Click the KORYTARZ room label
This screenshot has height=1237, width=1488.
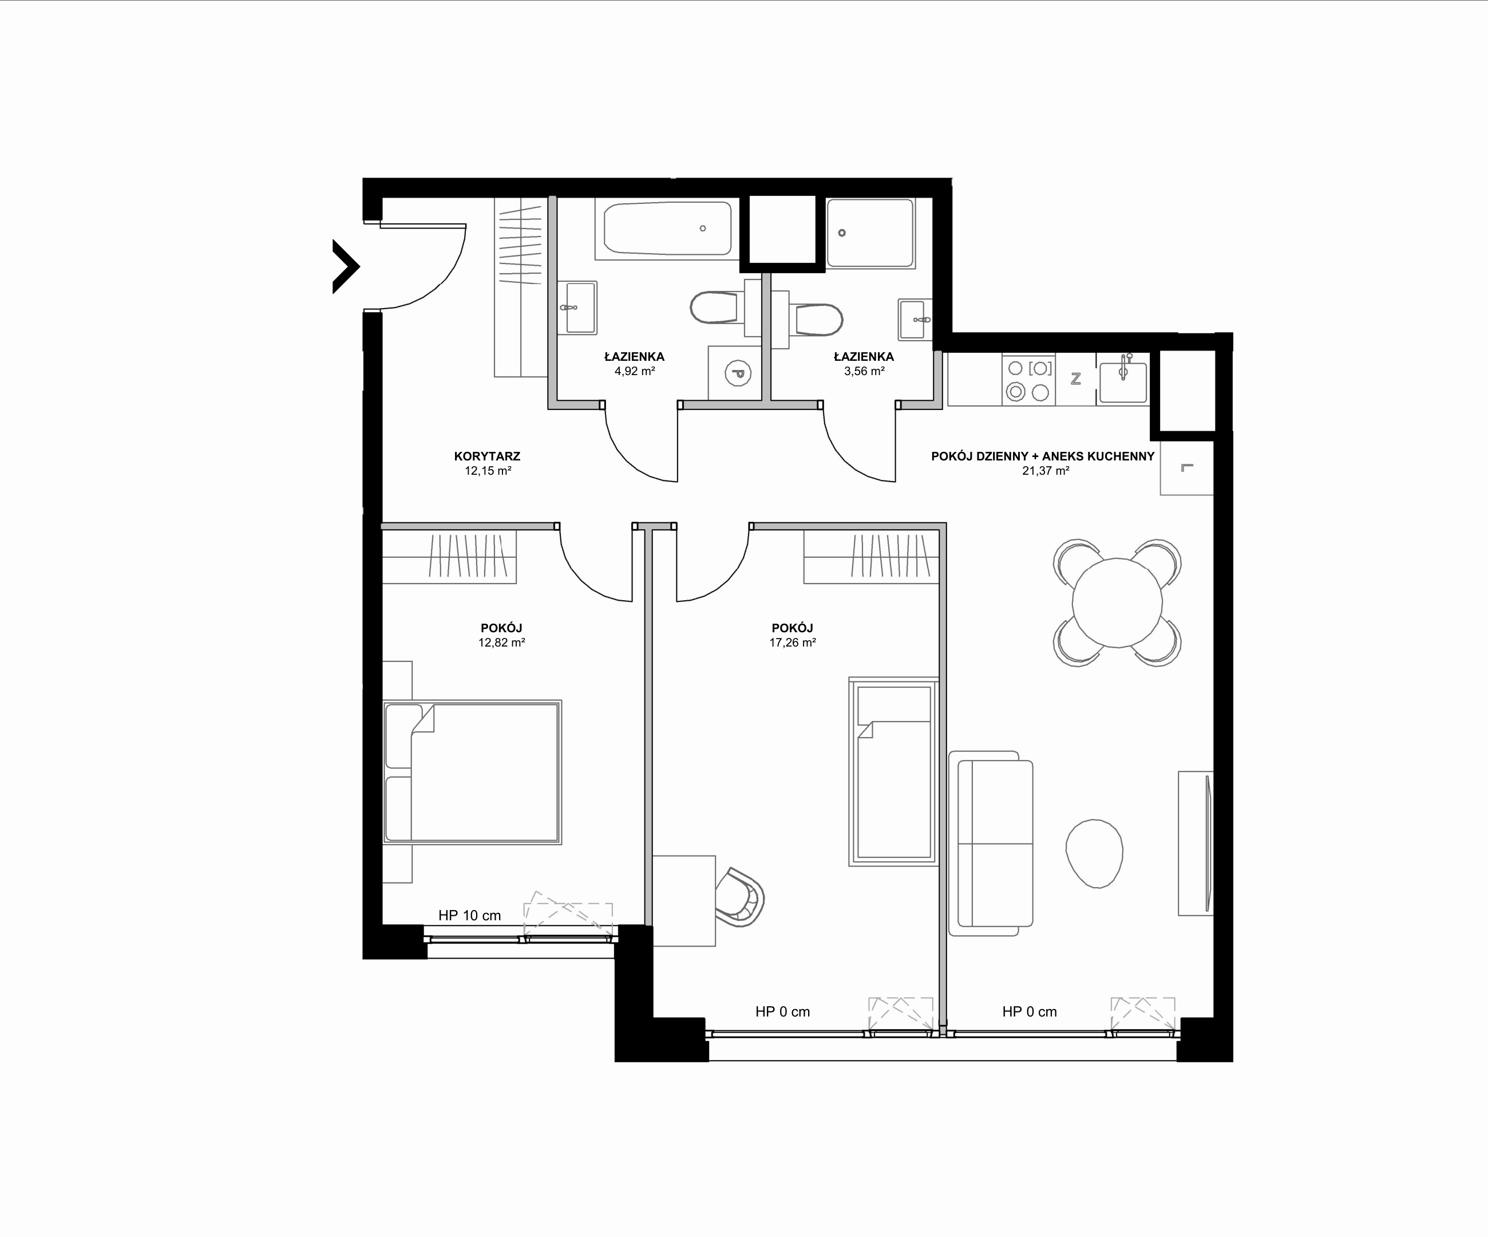coord(487,456)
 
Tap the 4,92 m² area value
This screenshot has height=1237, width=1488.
coord(634,371)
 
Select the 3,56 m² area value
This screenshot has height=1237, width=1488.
coord(864,371)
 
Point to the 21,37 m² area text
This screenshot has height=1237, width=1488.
coord(1045,471)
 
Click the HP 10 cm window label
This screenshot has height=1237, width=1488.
coord(469,915)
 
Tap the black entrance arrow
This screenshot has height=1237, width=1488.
coord(346,266)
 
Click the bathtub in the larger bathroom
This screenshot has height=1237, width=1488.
coord(667,229)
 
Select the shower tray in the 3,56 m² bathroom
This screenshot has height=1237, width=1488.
coord(870,233)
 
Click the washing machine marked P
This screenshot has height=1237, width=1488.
coord(735,373)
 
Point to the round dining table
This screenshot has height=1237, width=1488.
coord(1117,602)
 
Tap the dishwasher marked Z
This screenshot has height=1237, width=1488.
coord(1075,379)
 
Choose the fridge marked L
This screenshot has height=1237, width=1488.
coord(1187,468)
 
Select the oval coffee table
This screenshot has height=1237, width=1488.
coord(1095,853)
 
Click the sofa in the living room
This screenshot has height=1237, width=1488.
coord(991,844)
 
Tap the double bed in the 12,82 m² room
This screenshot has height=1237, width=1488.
coord(472,772)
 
